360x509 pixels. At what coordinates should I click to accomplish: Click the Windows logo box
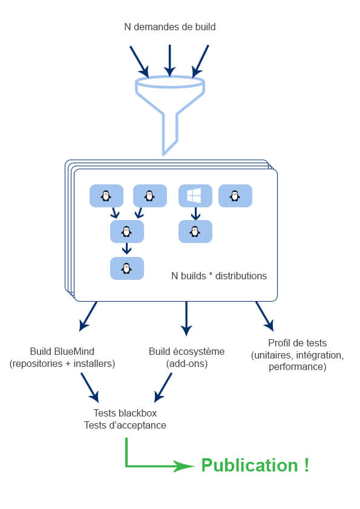[195, 196]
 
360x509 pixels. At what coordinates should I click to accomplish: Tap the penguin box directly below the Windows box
[195, 232]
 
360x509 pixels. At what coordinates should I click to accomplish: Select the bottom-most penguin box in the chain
[127, 268]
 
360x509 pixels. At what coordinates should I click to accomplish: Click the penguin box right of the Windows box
[235, 196]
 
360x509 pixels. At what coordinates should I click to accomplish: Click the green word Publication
[249, 465]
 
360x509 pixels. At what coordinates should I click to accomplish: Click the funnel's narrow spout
[170, 134]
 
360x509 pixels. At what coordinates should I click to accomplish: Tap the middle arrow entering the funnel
[169, 61]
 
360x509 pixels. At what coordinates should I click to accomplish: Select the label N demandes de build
[170, 27]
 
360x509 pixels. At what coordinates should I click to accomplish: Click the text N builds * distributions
[219, 276]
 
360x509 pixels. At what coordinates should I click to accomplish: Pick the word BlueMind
[74, 352]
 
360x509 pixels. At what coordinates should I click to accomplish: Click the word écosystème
[198, 352]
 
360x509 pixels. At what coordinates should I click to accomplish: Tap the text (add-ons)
[187, 363]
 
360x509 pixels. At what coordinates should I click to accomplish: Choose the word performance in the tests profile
[297, 367]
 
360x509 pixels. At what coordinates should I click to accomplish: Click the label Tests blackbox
[125, 413]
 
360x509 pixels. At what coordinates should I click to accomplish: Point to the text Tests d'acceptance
[125, 425]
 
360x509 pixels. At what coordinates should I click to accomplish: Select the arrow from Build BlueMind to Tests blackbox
[90, 387]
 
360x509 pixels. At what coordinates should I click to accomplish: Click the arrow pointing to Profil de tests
[264, 317]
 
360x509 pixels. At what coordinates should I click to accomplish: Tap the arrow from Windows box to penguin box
[195, 213]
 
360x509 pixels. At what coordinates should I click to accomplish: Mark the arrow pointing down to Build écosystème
[186, 319]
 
